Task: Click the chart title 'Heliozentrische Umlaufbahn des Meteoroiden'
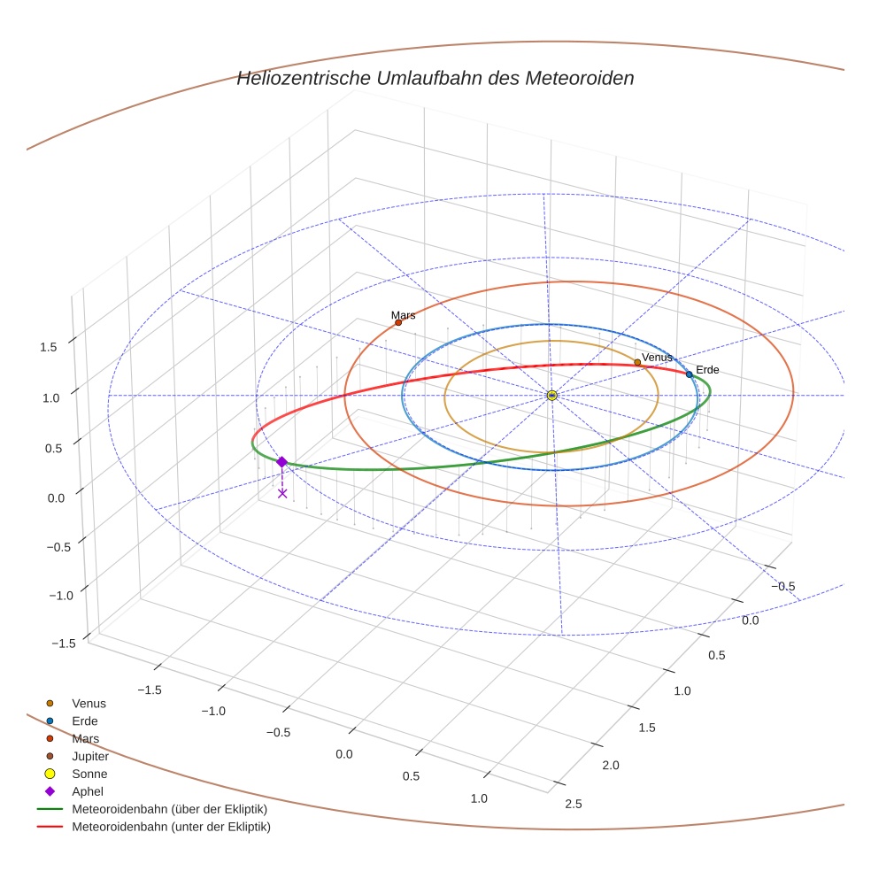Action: [435, 78]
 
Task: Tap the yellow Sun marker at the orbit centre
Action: [551, 395]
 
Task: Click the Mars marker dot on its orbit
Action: [398, 322]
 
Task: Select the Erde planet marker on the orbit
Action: [689, 374]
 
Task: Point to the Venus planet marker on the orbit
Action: [637, 362]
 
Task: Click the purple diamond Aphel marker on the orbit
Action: [281, 462]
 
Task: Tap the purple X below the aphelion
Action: [282, 493]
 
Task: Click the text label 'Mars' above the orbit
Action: [403, 315]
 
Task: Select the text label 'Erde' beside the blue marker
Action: [707, 369]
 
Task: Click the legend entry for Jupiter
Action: [90, 756]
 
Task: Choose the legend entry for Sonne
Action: [89, 774]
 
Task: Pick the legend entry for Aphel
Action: [88, 791]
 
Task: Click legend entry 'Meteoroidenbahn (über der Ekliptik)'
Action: [169, 809]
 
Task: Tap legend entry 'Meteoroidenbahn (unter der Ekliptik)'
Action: [171, 827]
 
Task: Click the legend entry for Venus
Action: [89, 703]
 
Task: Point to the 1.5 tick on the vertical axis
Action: [49, 347]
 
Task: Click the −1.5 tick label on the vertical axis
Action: [61, 644]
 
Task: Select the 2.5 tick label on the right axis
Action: [573, 803]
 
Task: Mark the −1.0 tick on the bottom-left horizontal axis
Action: [213, 711]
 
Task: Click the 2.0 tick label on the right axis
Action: [611, 765]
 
